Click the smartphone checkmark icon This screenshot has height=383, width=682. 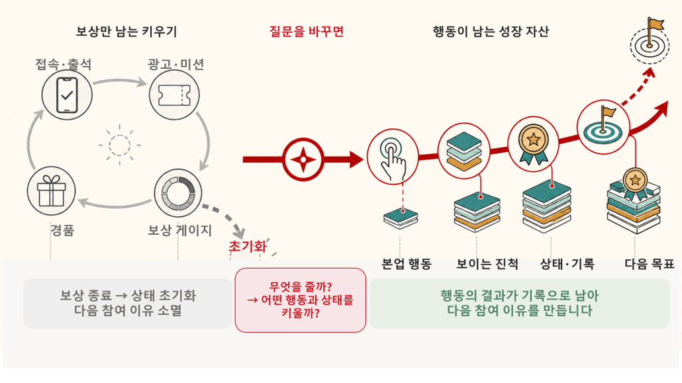[x=67, y=95]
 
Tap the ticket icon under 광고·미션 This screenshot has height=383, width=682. [x=174, y=95]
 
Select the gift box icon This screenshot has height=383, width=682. [x=52, y=191]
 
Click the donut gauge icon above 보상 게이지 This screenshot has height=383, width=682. [x=178, y=192]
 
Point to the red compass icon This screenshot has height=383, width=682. [x=303, y=159]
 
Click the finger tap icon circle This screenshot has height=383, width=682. [x=393, y=157]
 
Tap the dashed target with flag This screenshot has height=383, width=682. [x=650, y=41]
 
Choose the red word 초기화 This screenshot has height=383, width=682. [x=248, y=247]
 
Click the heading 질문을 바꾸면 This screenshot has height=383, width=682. [x=307, y=31]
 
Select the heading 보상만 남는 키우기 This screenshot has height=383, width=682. [x=126, y=31]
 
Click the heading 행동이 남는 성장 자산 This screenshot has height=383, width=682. [x=491, y=31]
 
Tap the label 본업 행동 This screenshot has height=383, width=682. [x=407, y=263]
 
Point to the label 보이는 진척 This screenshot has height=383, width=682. [x=487, y=263]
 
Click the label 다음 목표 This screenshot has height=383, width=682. [x=650, y=263]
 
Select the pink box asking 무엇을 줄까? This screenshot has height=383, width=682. [x=301, y=300]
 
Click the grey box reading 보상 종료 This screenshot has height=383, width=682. [x=128, y=303]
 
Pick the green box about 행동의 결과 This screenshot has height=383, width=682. [x=520, y=303]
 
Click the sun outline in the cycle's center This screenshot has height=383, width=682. [x=120, y=145]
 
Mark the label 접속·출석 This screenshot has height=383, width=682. [x=64, y=64]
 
